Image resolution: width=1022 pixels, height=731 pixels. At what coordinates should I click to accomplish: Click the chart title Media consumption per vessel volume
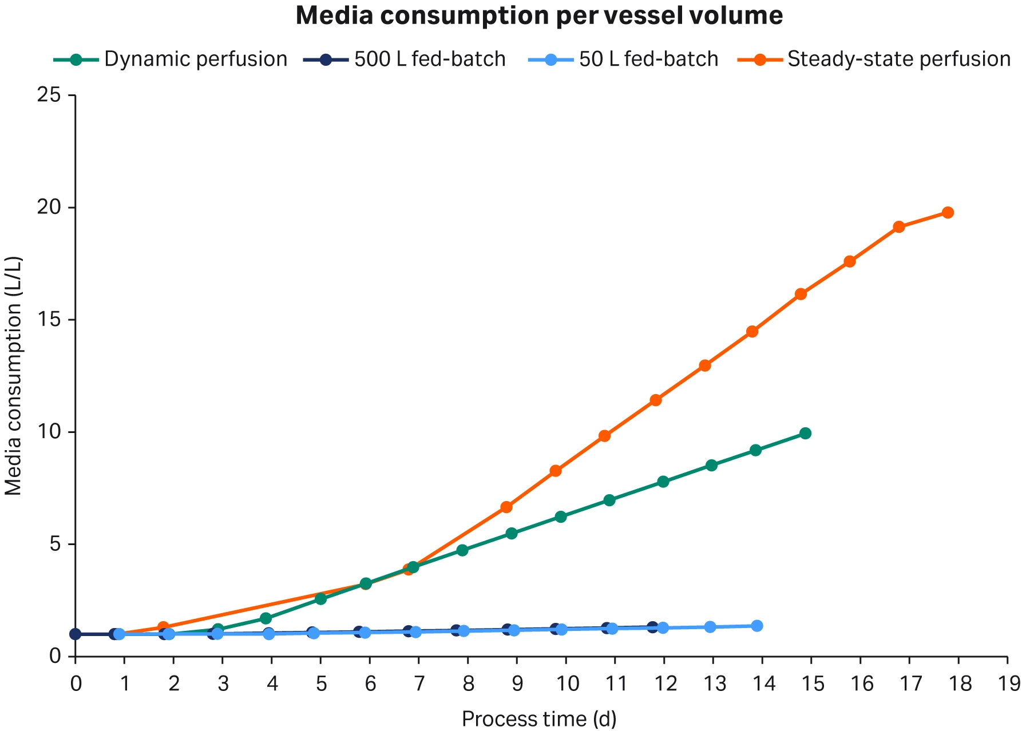(539, 15)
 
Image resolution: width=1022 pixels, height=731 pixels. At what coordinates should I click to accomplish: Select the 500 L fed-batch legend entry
(430, 59)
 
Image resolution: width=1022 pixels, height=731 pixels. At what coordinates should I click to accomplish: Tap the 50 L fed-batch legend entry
(648, 59)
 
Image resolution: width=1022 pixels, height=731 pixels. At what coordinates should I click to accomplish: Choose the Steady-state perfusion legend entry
(899, 59)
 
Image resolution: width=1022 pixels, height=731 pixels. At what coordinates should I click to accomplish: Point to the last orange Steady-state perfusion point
(948, 212)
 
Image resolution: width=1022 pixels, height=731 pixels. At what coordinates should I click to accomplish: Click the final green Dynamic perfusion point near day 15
(805, 433)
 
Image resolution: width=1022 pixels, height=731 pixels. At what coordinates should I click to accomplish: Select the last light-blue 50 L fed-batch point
(757, 626)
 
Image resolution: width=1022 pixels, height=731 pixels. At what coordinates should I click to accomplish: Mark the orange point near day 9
(506, 507)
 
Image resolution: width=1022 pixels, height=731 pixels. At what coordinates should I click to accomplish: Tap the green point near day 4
(266, 618)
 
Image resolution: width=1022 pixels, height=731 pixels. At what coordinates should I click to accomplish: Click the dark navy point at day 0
(75, 634)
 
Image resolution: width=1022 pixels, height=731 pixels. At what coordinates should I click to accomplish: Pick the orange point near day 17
(898, 227)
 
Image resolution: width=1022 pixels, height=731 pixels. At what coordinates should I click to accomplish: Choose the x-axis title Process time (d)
(539, 719)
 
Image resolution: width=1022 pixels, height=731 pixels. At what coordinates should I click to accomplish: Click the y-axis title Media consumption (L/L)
(14, 376)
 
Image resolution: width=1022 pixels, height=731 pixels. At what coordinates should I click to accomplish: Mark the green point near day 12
(663, 482)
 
